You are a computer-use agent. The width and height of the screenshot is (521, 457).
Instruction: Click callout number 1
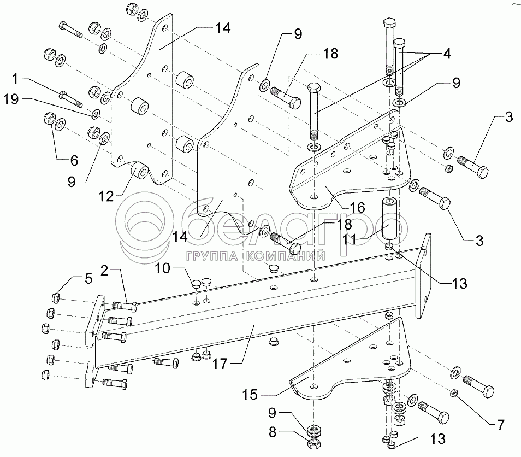(15, 79)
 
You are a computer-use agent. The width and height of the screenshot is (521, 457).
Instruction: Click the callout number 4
(446, 54)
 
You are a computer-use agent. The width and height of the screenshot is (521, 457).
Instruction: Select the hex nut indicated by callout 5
(55, 297)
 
